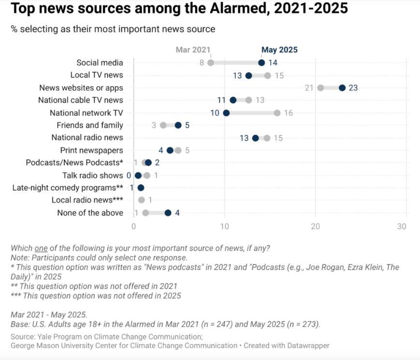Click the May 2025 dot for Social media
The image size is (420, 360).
(x=261, y=62)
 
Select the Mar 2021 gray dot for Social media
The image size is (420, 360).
(x=211, y=62)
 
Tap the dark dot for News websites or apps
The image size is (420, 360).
(x=342, y=88)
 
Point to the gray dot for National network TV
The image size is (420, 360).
(x=277, y=113)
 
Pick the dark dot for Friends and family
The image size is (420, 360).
(x=178, y=125)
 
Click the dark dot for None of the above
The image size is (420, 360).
(x=168, y=213)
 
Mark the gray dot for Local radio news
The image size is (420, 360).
(x=142, y=200)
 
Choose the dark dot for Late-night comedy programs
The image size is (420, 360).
(x=141, y=188)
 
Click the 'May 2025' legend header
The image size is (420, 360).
(x=279, y=50)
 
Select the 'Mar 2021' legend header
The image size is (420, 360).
(x=193, y=50)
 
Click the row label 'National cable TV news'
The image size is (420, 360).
(x=81, y=100)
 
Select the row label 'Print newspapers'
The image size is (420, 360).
(x=92, y=150)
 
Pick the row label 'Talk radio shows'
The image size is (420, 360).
(x=93, y=175)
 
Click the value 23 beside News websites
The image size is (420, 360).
(x=353, y=88)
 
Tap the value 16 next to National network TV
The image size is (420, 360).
(x=289, y=113)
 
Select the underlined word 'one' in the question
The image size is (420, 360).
(x=41, y=248)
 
